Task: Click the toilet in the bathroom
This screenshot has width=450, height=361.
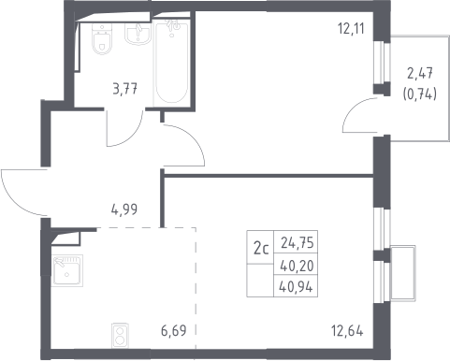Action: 102,38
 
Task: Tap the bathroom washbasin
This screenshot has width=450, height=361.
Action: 138,34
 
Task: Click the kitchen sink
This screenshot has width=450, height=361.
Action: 67,270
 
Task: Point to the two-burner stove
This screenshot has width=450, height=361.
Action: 120,336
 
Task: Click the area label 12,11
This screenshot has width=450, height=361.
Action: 351,29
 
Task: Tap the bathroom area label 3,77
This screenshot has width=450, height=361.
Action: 125,90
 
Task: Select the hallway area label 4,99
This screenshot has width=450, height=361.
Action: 124,209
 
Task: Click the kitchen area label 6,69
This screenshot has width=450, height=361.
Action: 174,331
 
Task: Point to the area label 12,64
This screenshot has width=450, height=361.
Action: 347,331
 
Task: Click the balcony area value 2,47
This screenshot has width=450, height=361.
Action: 420,74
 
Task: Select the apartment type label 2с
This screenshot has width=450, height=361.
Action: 261,249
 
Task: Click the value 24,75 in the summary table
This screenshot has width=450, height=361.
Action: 297,242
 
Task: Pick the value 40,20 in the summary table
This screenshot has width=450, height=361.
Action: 297,266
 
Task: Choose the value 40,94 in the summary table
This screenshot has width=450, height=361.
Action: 296,287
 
